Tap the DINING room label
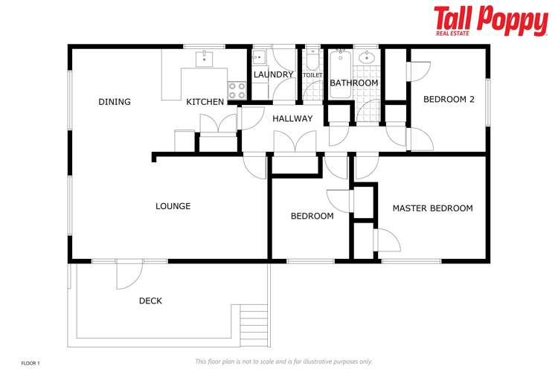tap(115, 102)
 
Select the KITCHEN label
tap(205, 102)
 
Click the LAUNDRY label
tap(273, 74)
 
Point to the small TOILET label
tap(312, 74)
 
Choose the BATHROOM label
tap(353, 83)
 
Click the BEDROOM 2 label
tap(449, 99)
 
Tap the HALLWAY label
tap(292, 118)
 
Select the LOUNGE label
tap(173, 206)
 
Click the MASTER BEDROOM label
tap(432, 208)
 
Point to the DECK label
tap(150, 301)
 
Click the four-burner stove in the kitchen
tap(237, 90)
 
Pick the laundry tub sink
tap(258, 57)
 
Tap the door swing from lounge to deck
tap(126, 275)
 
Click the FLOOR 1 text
tap(31, 362)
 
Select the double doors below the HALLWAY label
tap(295, 143)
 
